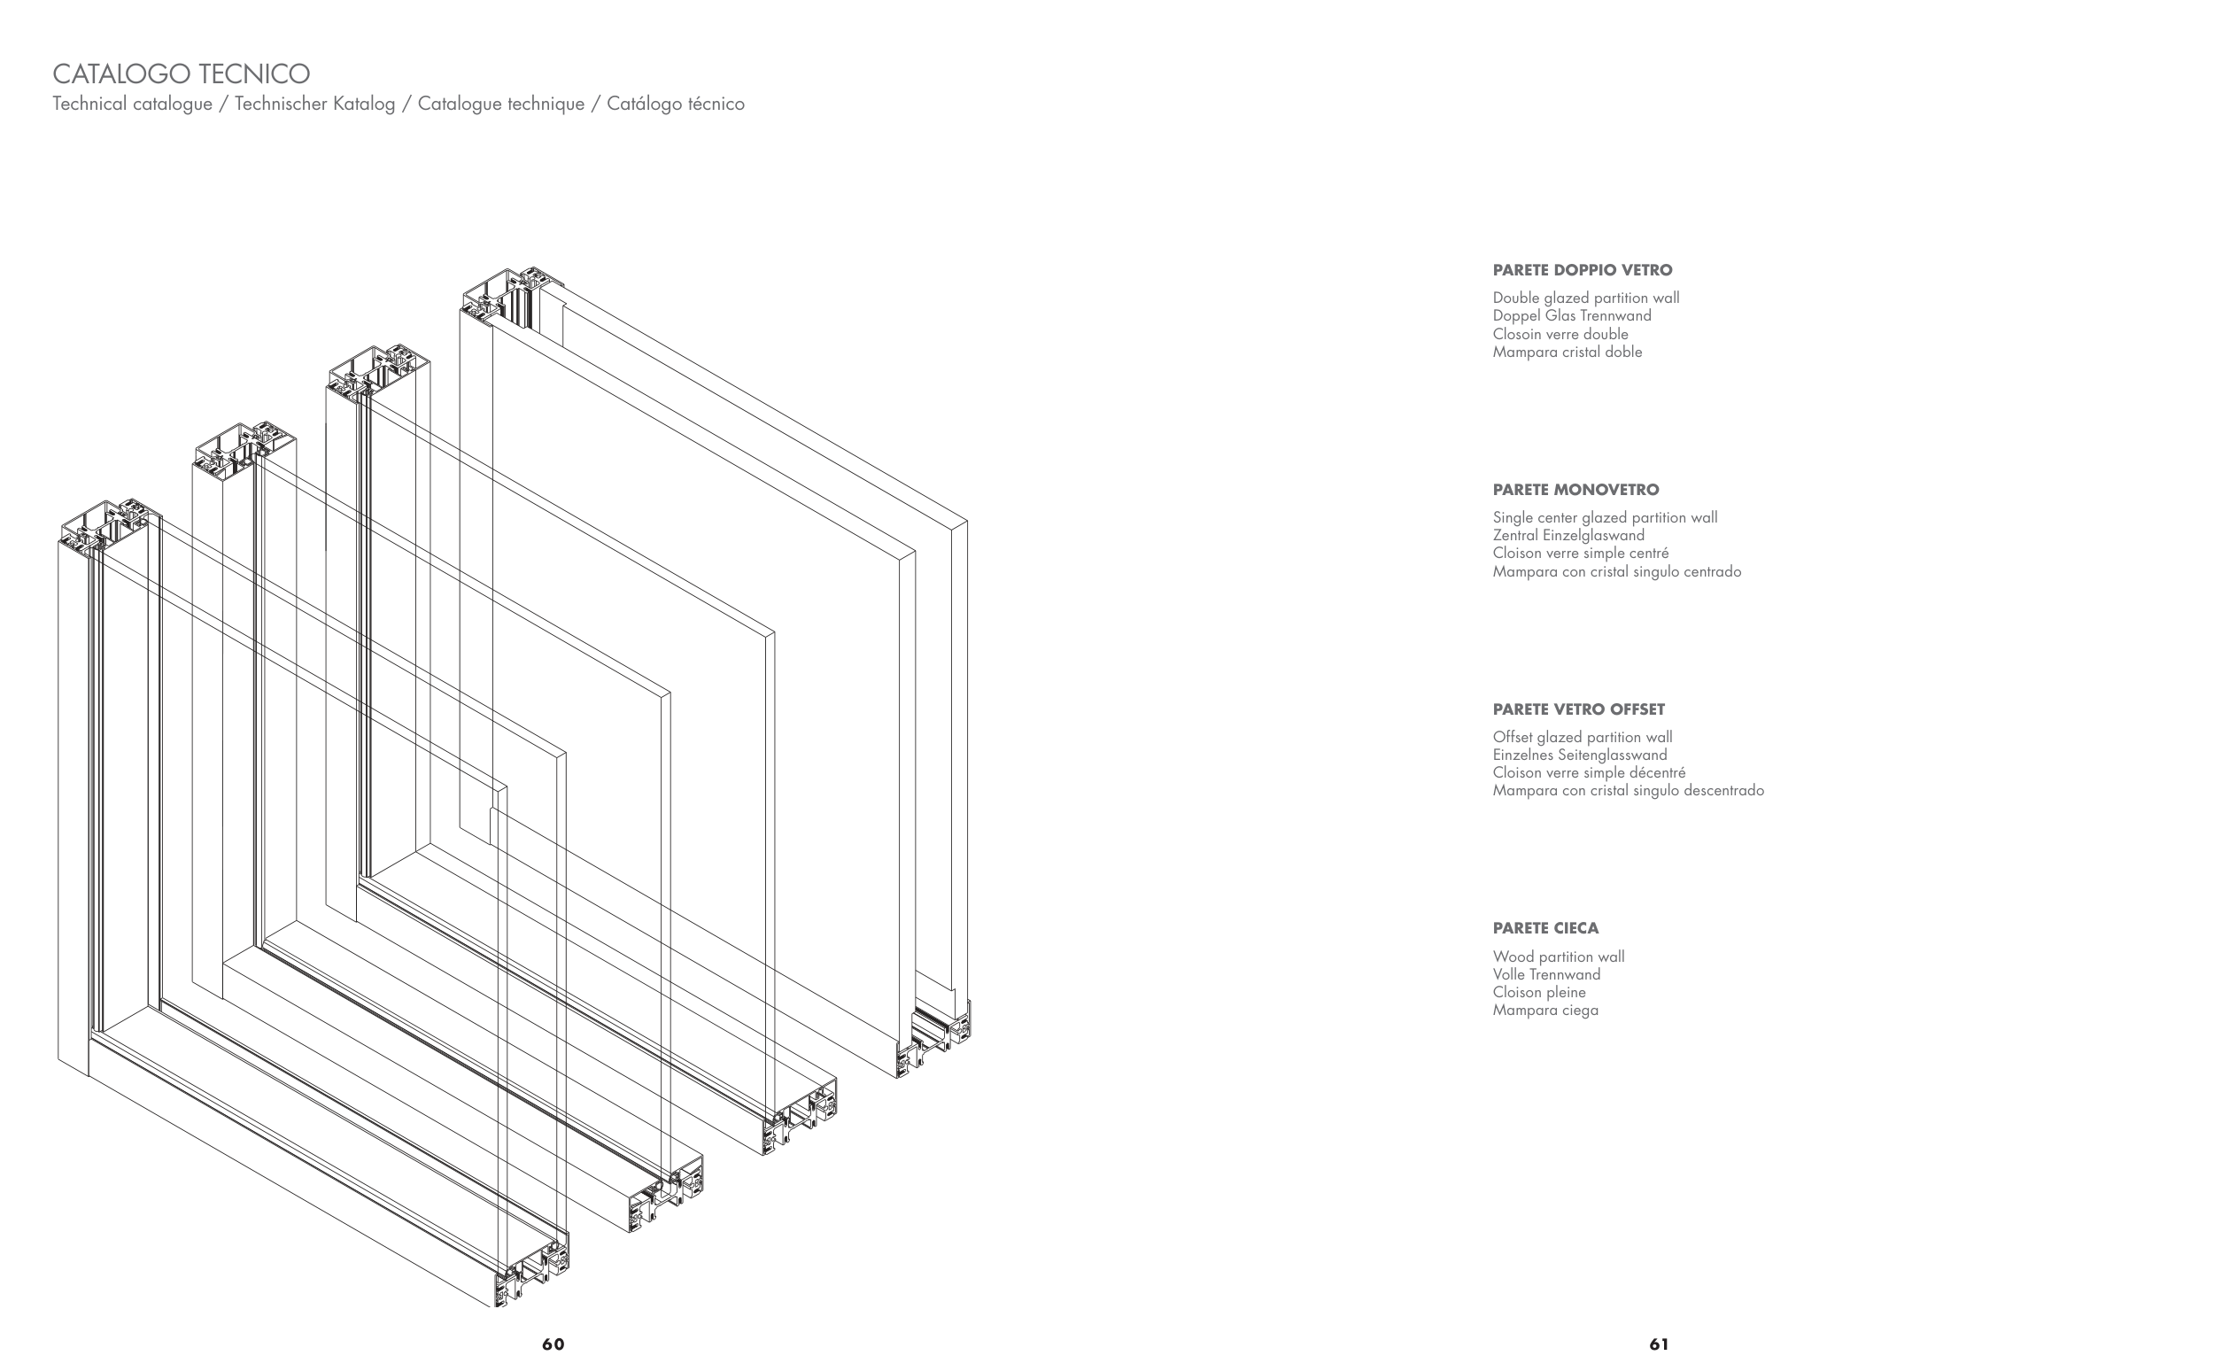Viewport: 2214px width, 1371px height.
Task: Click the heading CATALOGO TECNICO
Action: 182,74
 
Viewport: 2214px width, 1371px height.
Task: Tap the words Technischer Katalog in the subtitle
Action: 314,105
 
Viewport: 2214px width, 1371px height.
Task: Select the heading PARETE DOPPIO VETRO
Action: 1582,270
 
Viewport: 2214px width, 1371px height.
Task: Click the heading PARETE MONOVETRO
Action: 1575,490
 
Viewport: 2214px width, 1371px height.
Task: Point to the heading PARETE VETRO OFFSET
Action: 1578,709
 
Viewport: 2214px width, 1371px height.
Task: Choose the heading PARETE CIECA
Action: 1545,928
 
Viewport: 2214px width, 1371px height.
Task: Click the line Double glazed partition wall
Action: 1586,298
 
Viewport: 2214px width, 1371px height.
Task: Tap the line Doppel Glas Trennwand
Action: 1572,315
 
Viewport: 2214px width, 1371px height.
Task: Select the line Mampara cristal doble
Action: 1567,352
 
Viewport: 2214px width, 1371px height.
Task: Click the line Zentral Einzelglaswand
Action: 1568,535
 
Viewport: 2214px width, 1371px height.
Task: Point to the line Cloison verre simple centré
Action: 1580,554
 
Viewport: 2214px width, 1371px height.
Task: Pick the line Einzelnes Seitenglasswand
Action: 1579,755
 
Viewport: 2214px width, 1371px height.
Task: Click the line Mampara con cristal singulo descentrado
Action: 1629,791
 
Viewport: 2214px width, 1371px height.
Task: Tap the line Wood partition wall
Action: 1559,957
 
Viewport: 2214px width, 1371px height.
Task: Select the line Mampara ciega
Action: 1544,1011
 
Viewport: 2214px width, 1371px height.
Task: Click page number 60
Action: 553,1344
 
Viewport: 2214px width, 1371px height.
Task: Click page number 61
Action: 1659,1344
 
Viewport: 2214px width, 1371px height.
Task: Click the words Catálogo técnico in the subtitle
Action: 676,105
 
